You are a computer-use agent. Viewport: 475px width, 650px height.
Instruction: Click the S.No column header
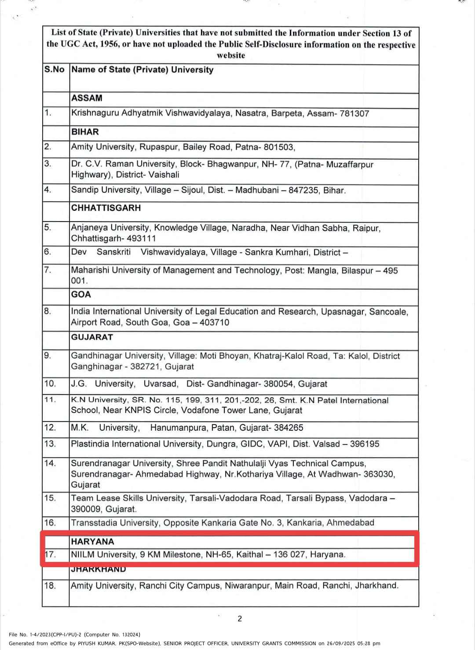click(55, 70)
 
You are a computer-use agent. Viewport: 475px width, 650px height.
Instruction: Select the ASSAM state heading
click(87, 98)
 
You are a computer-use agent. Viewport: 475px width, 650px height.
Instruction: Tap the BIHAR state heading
click(85, 132)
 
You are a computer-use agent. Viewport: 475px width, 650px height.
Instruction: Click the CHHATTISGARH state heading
click(106, 208)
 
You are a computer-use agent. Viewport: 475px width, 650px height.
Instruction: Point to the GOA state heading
click(81, 295)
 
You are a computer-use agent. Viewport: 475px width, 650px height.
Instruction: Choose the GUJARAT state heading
click(92, 337)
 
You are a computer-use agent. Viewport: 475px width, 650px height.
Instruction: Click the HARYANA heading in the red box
click(92, 542)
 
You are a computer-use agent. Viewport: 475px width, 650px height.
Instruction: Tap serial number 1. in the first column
click(48, 112)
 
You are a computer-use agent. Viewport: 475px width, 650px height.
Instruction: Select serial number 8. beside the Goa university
click(48, 311)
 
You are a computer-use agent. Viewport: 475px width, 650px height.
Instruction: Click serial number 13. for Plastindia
click(50, 443)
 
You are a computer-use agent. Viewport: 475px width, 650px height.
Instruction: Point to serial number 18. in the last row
click(50, 586)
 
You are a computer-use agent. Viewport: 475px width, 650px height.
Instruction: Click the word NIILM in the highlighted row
click(83, 554)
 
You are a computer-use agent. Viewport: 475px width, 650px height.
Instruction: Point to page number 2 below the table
click(240, 619)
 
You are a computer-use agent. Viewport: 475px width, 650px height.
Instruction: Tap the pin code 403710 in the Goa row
click(214, 322)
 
